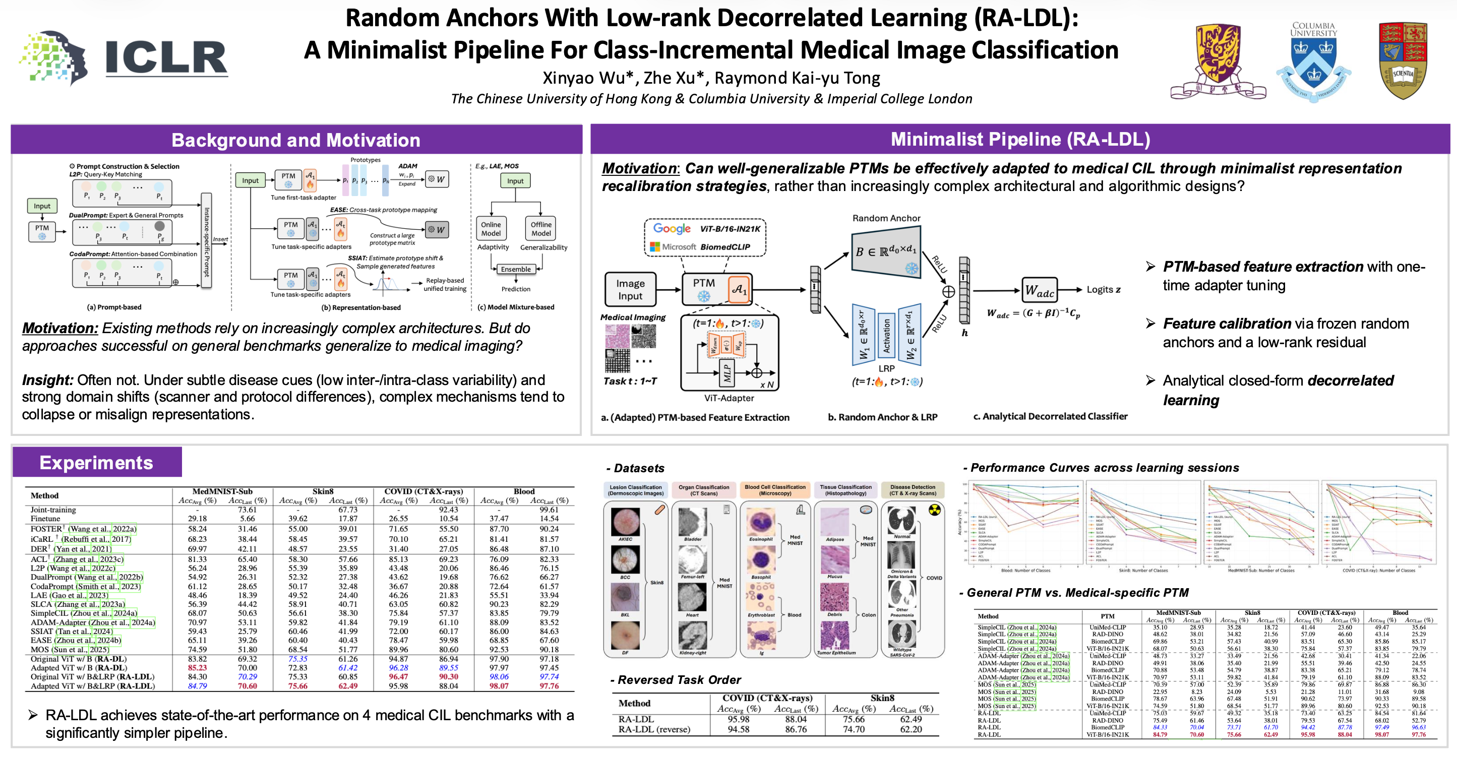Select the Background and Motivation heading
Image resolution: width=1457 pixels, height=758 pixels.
(x=296, y=140)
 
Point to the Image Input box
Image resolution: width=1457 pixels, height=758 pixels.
(x=630, y=289)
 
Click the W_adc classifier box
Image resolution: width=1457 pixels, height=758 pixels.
(x=1040, y=290)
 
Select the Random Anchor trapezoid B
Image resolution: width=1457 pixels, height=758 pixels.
(x=886, y=252)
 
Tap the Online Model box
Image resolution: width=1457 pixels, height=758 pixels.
(x=491, y=228)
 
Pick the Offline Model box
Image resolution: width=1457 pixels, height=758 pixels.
(x=541, y=228)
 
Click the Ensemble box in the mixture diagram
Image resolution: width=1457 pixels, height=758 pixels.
(x=516, y=269)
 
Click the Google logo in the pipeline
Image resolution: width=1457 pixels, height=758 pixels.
(x=672, y=228)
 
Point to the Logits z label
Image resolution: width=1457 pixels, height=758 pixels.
(x=1103, y=289)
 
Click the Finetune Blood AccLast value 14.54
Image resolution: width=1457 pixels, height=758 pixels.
(x=549, y=518)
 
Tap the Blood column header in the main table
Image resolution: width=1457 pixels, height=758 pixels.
(x=524, y=491)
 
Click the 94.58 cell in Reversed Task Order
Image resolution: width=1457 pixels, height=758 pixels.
(x=738, y=729)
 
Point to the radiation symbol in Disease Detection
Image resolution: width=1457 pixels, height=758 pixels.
(x=934, y=511)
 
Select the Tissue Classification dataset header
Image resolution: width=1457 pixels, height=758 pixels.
(x=845, y=490)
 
